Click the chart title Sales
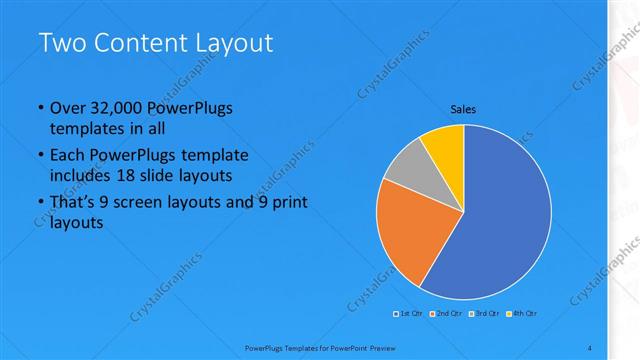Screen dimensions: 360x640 click(x=463, y=109)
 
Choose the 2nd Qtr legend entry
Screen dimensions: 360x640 click(x=446, y=314)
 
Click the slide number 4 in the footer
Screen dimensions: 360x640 click(x=590, y=346)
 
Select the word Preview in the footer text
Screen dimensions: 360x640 click(x=391, y=346)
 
